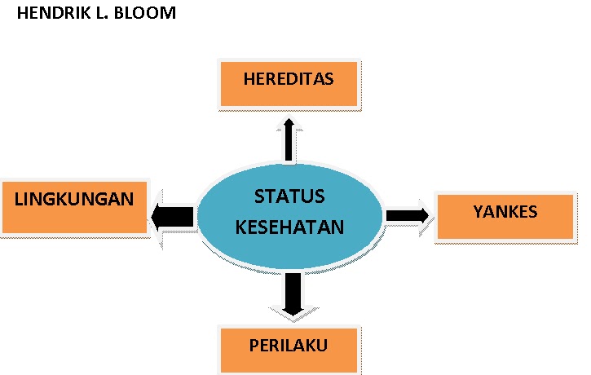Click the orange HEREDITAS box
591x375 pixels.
289,82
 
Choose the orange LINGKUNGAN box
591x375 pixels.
74,205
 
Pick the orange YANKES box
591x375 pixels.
505,216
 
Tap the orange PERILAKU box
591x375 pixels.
289,347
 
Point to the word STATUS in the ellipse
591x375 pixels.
289,197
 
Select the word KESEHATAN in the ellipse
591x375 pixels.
289,227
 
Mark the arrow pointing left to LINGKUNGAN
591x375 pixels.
173,216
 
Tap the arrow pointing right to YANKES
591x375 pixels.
408,215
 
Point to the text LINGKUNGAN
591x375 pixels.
74,198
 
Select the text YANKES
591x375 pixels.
505,212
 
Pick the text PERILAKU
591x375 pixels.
289,346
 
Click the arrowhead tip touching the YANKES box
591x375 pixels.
427,215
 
